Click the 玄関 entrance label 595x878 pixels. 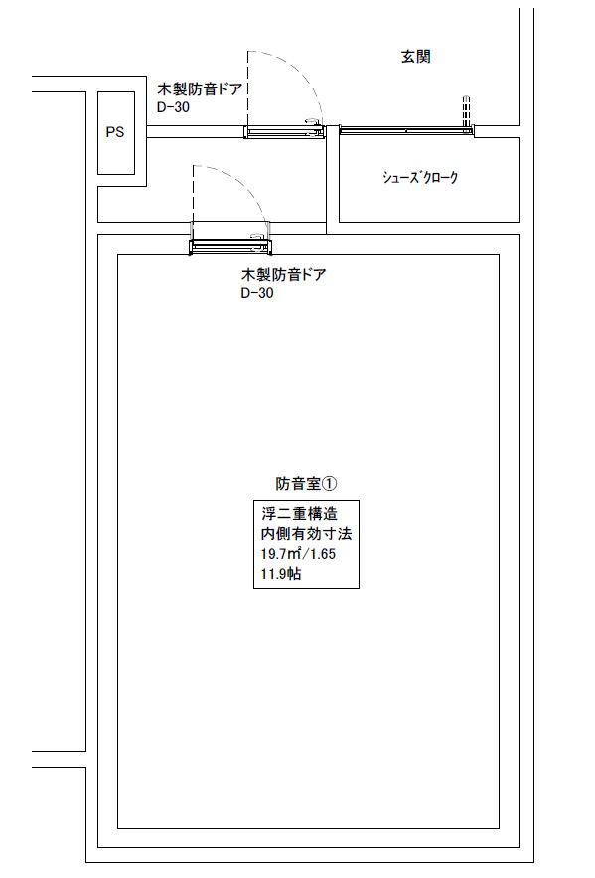415,56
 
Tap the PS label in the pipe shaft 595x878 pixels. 115,132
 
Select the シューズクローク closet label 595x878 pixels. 420,178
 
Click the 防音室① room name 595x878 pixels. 307,484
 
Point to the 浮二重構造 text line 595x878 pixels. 300,514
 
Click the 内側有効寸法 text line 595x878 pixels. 307,534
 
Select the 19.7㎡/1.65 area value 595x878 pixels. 298,554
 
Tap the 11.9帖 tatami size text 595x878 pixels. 281,574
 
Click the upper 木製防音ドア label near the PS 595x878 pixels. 200,89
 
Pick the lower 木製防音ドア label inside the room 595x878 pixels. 283,275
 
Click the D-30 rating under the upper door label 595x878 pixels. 173,107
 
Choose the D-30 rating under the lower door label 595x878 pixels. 257,293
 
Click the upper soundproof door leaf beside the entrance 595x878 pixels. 285,132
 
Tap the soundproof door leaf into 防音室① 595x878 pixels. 230,247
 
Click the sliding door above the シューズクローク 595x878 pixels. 406,130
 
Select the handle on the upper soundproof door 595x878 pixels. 313,122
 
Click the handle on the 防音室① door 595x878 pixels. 259,237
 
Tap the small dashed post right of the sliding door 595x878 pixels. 466,111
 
